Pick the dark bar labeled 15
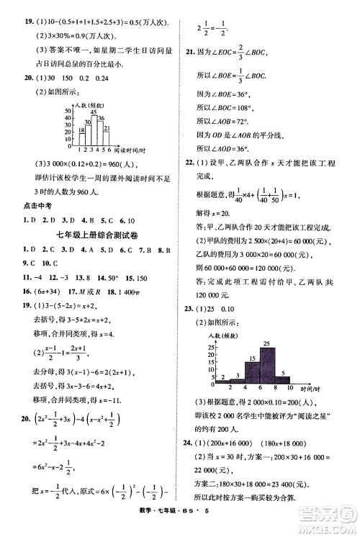252,371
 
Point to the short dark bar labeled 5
284,379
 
